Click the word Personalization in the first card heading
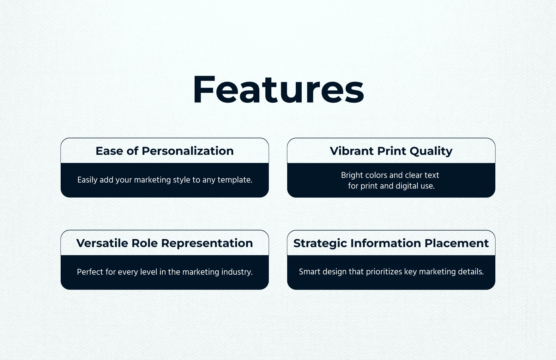pyautogui.click(x=188, y=151)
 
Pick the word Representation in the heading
pyautogui.click(x=207, y=243)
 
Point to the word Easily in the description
pyautogui.click(x=87, y=180)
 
